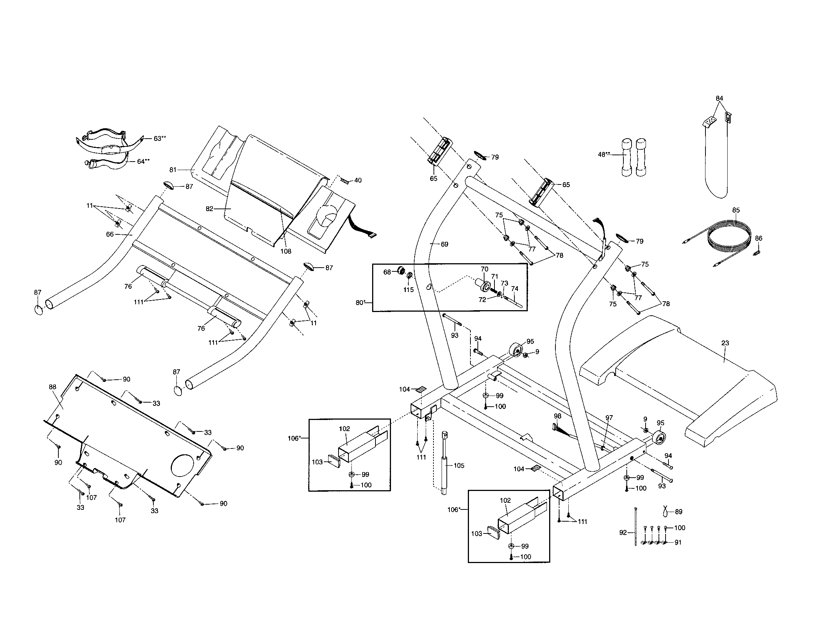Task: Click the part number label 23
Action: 725,343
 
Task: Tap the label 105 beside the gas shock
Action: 459,465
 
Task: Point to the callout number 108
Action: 286,251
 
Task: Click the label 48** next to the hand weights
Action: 604,155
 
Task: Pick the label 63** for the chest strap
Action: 160,139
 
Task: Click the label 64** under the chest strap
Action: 143,161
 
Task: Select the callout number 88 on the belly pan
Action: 52,387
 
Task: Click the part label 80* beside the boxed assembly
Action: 360,303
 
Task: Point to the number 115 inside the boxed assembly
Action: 408,290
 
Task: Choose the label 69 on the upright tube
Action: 445,244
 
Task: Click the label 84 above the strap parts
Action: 719,98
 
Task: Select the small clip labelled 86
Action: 756,253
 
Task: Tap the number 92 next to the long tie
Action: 623,533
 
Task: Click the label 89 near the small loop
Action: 678,512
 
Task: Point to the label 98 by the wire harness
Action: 557,416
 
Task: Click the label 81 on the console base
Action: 173,170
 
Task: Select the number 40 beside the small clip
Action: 358,180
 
